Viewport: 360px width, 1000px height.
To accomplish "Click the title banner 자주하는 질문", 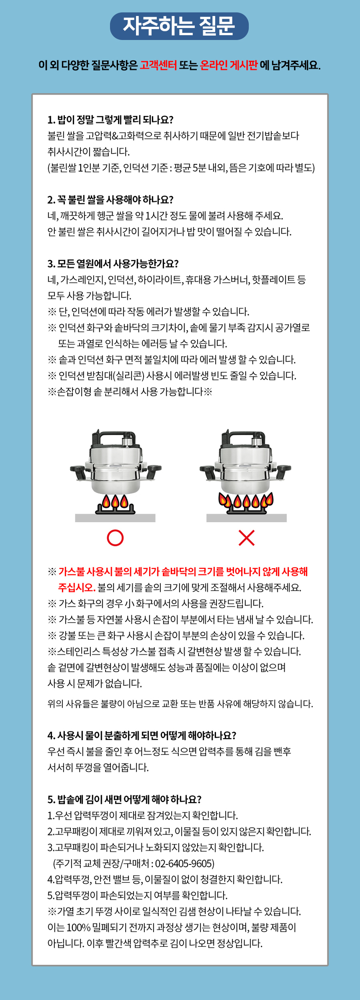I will point(179,26).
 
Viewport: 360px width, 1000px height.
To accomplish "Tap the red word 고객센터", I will point(158,65).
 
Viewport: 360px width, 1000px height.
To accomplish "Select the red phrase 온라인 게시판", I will point(228,65).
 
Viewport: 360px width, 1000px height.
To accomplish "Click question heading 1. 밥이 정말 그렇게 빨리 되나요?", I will point(111,120).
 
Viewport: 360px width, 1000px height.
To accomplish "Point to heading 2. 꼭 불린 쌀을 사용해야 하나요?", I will point(111,200).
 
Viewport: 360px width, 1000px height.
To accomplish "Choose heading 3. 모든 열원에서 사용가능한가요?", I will point(113,264).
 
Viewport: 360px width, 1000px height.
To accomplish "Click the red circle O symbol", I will point(115,538).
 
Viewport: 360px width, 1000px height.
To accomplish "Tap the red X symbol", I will point(247,538).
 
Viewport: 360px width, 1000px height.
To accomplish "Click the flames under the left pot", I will point(115,501).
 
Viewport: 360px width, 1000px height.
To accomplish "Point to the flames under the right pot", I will point(247,500).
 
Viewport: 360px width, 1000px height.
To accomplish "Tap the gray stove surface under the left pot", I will point(115,518).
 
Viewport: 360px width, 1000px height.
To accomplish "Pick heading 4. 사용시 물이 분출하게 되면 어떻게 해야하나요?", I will point(142,735).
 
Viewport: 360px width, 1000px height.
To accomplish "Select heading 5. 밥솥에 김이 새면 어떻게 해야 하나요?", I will point(124,799).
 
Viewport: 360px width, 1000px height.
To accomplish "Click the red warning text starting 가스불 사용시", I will point(183,572).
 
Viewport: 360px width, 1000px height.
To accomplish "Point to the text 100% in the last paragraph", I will point(78,927).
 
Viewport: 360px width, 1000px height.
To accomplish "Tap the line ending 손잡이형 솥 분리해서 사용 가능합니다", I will point(130,392).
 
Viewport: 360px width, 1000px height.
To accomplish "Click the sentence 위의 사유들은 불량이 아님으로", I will point(180,703).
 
